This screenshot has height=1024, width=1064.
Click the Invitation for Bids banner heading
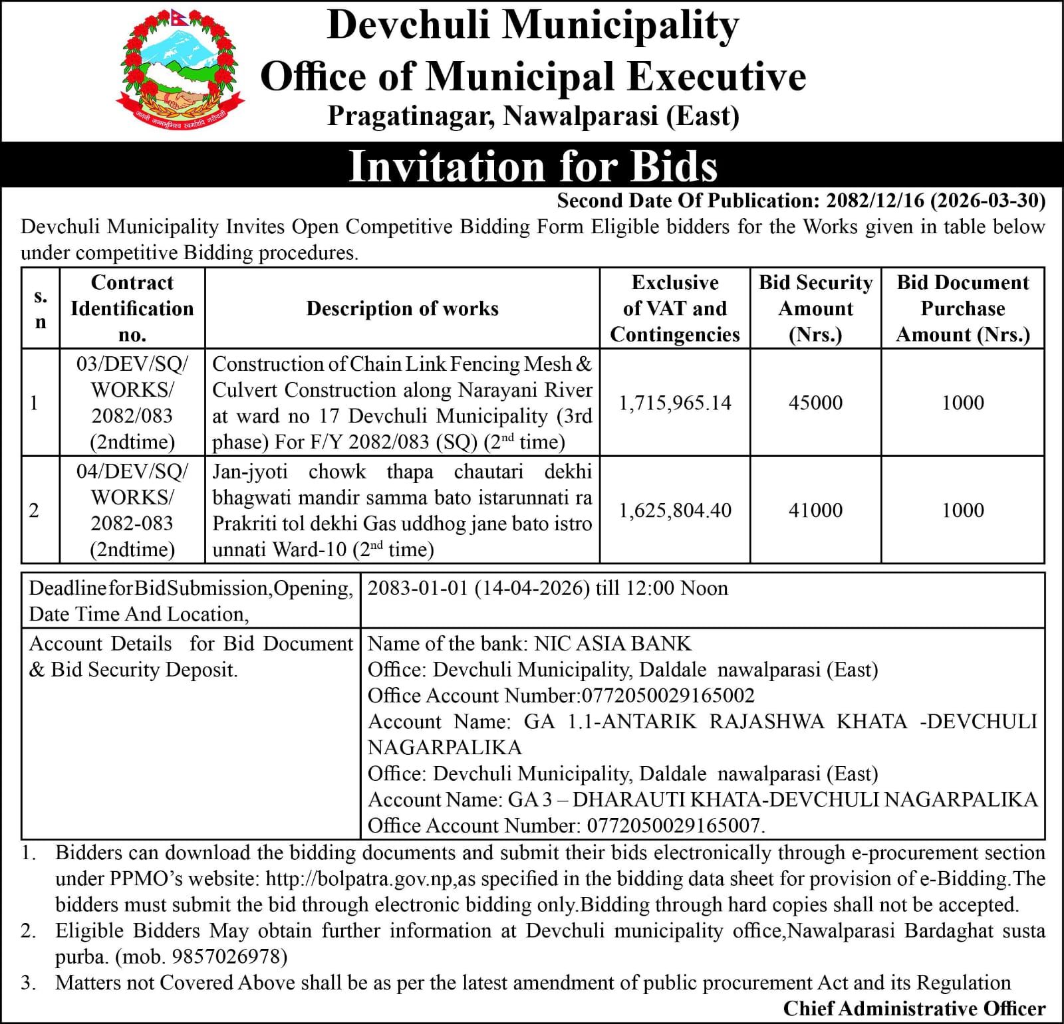tap(533, 165)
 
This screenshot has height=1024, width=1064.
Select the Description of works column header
tap(402, 308)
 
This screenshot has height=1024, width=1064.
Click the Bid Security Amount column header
tap(815, 308)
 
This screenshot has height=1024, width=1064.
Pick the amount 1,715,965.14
tap(675, 403)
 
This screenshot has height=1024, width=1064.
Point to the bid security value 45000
tap(815, 403)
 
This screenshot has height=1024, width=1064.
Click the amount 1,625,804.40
tap(675, 510)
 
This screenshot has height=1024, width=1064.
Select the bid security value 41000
tap(815, 510)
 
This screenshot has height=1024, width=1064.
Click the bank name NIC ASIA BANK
tap(612, 643)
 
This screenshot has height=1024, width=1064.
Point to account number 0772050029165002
tap(668, 696)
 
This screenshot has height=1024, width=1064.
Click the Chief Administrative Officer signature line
tap(914, 1009)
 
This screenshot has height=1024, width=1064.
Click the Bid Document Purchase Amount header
tap(962, 308)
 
